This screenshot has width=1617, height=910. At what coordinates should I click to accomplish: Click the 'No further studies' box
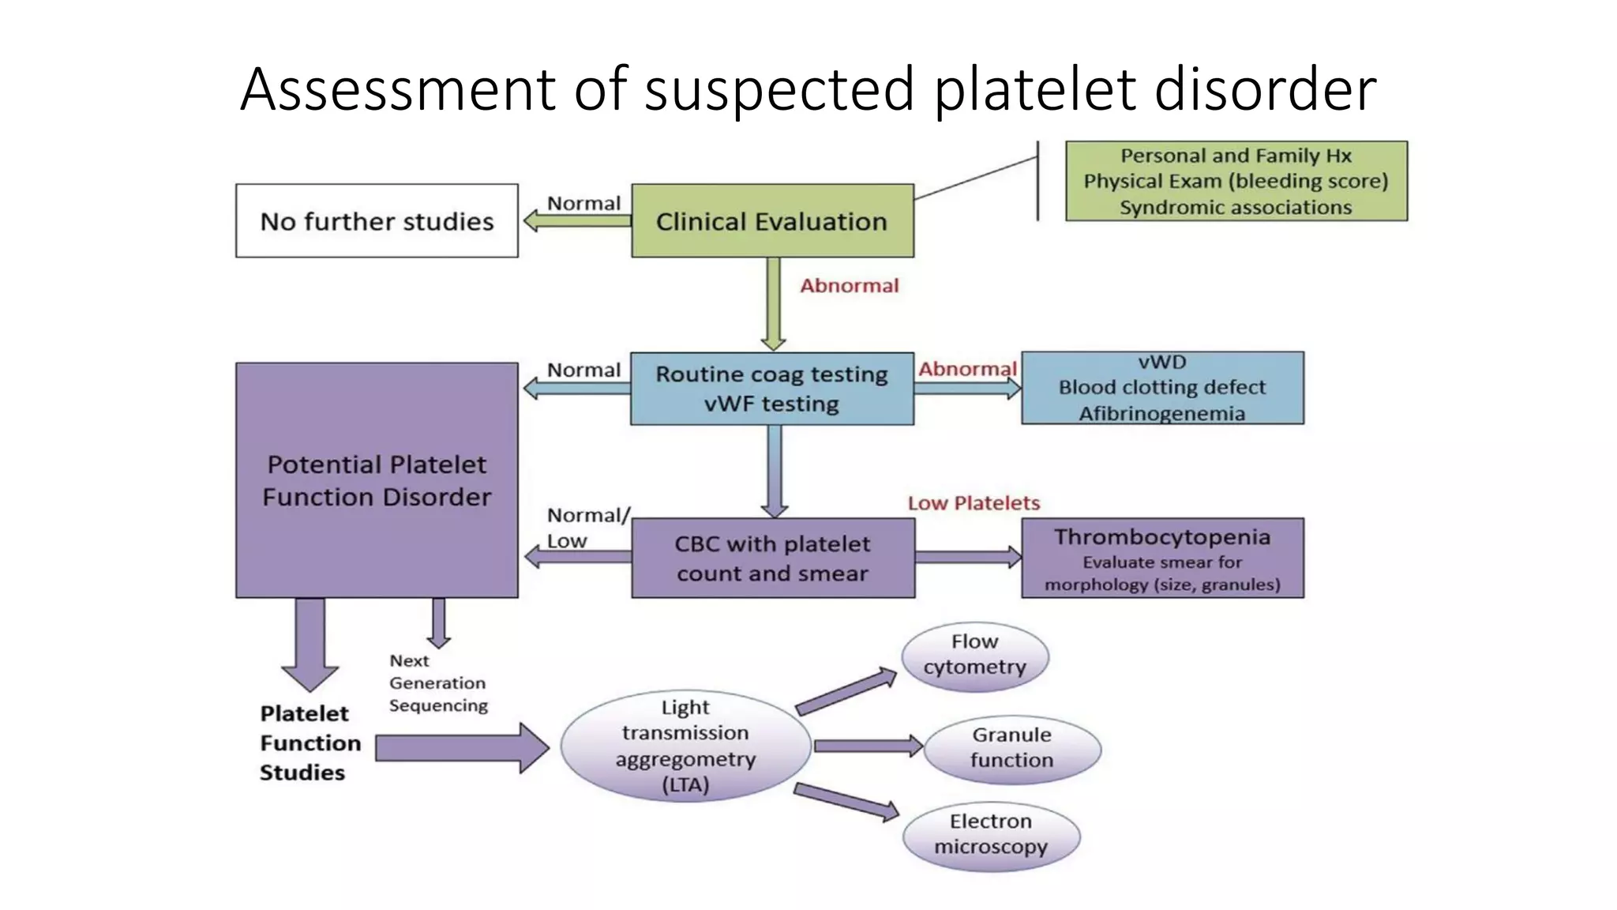coord(377,221)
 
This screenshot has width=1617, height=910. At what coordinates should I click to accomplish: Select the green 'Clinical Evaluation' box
coord(772,221)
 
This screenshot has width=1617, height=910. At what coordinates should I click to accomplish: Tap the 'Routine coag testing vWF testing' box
coord(772,389)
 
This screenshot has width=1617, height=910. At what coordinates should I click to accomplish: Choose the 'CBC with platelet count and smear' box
coord(773,558)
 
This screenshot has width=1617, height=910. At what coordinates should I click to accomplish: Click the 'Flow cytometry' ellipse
coord(975,656)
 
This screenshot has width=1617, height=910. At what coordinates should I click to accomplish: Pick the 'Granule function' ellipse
coord(1012,749)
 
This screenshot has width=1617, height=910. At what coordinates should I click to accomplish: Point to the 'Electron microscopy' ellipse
coord(992,836)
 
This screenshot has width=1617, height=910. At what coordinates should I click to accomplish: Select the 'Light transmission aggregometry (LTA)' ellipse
coord(685,746)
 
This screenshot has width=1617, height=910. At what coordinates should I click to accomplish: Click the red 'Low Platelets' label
coord(974,503)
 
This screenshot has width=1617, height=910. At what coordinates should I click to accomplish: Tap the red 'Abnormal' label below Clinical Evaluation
coord(850,286)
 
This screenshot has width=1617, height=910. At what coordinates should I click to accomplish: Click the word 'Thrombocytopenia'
coord(1162,537)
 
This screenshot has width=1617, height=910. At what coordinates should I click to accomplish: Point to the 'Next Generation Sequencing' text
coord(437,683)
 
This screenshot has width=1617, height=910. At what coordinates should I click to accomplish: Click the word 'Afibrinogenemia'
coord(1162,414)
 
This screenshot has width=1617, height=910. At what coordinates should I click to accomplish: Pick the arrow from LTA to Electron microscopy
coord(847,801)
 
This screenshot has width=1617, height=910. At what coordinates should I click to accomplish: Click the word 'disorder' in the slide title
coord(1266,88)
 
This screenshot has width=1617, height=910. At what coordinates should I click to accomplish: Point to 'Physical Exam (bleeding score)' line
coord(1236,181)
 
